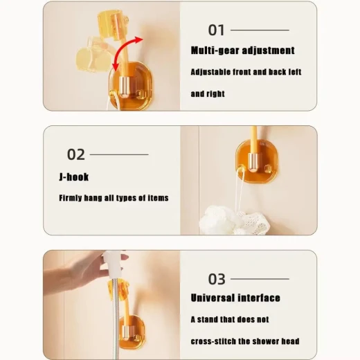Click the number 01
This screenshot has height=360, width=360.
point(216,30)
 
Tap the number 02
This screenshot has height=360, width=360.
point(76,154)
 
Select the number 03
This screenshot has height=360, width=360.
point(217,279)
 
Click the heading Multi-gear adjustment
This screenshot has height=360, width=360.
point(242,51)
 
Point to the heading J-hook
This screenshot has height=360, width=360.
point(74,177)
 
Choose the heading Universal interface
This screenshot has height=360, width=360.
point(235,298)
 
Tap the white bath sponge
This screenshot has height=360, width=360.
point(234,220)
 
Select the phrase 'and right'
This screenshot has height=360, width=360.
point(208,93)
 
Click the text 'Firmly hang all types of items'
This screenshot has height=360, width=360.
point(114,198)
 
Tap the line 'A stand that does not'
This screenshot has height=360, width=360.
point(230,319)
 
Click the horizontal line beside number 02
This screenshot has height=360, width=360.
point(119,154)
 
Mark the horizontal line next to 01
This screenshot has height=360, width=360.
point(260,30)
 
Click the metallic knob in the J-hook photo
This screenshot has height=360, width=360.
point(253,162)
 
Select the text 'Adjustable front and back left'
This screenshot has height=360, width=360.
point(246,72)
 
